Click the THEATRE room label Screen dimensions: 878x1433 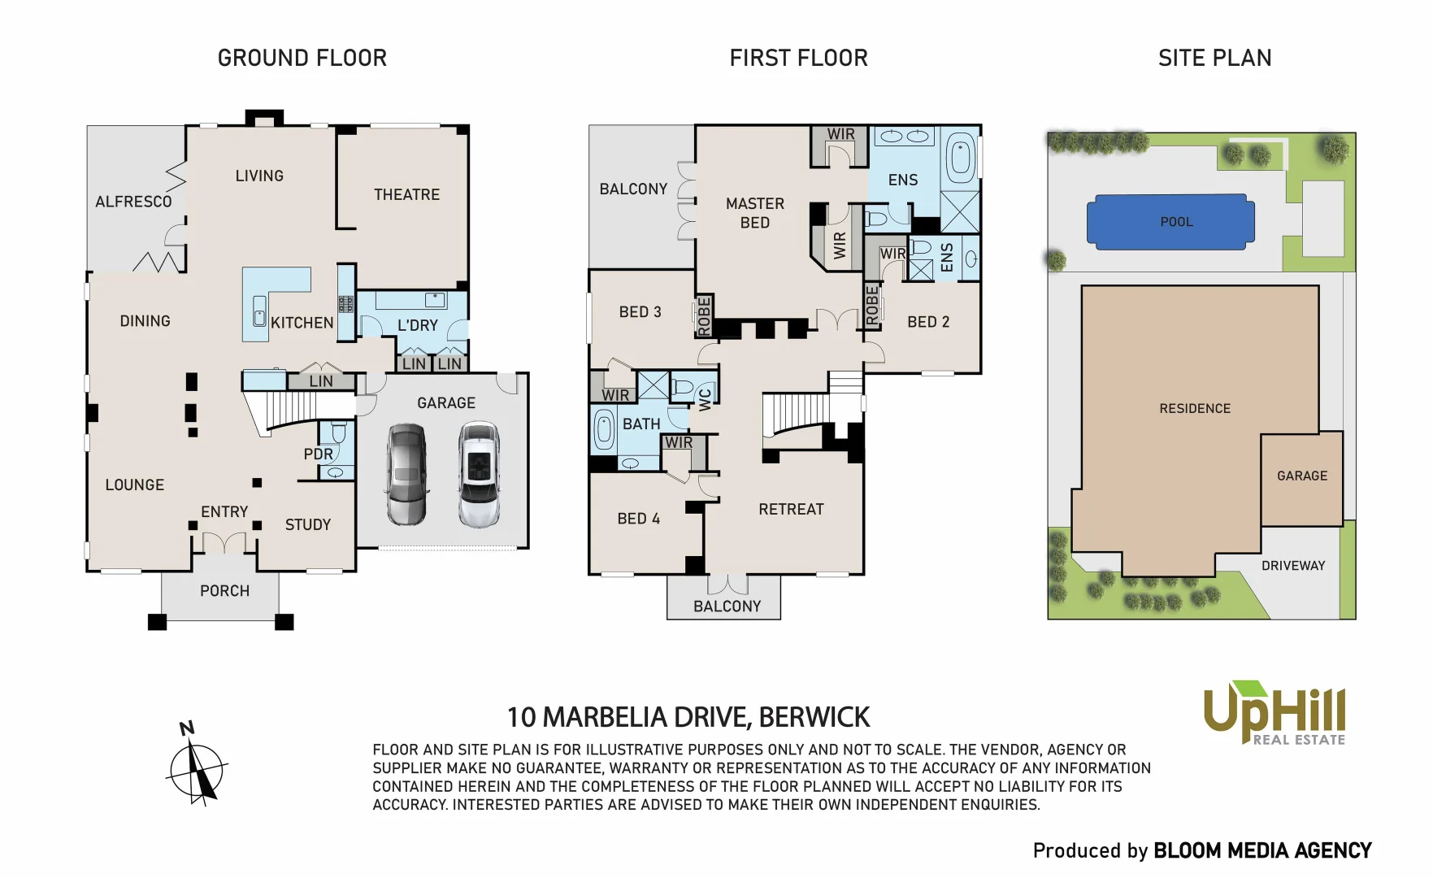point(406,194)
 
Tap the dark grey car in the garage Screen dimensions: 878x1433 point(406,474)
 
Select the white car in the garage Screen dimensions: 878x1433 point(478,474)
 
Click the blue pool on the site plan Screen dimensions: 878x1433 point(1170,222)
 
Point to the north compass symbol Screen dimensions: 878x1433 point(196,767)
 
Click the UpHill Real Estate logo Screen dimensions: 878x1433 point(1274,714)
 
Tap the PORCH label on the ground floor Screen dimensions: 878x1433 point(224,591)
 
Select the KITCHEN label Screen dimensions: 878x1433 point(302,323)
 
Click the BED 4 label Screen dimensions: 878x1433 point(638,519)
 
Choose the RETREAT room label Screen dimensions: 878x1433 point(791,510)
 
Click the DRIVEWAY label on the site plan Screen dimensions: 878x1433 point(1292,566)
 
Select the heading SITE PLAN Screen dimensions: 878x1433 point(1214,58)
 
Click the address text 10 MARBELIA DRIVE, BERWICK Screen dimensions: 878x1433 point(688,717)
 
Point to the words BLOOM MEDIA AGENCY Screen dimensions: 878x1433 point(1262,851)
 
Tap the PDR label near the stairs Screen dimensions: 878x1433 point(318,454)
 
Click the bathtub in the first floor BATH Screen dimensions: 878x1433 point(604,429)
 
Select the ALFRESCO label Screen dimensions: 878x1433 point(133,202)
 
